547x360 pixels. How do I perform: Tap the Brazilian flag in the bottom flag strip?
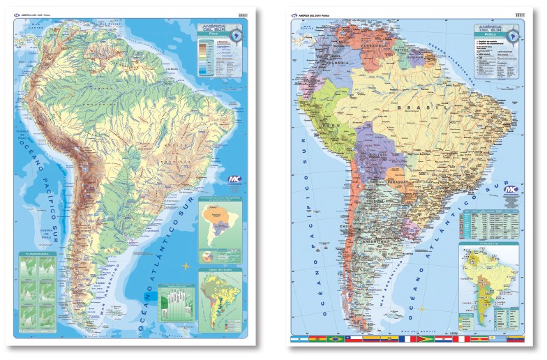tap(334, 340)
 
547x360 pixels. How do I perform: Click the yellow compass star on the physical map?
tap(186, 266)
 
